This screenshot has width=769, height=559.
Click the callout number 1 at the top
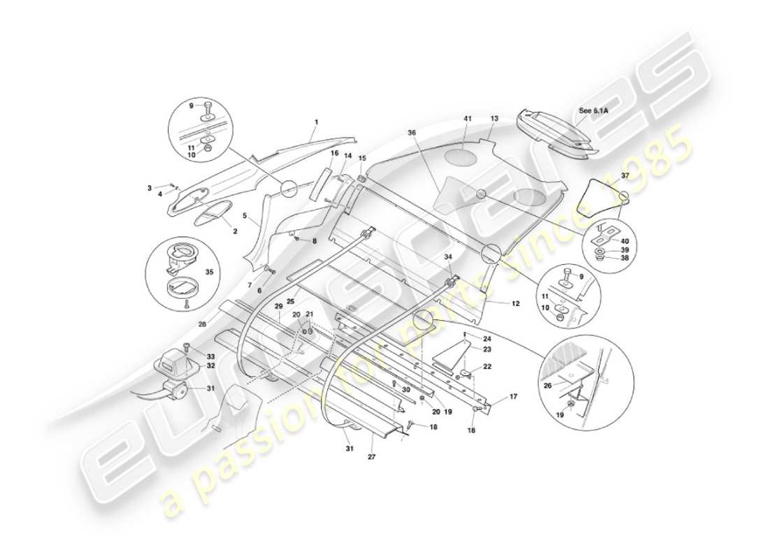coord(316,122)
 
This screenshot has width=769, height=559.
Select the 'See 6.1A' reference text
coord(594,111)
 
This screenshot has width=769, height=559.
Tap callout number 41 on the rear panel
coord(467,119)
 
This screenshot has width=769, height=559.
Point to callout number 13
coord(494,119)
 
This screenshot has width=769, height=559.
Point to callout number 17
coord(513,397)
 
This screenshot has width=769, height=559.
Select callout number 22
coord(487,366)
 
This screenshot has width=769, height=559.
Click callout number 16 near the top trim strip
coord(334,153)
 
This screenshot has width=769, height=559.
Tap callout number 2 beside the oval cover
coord(235,231)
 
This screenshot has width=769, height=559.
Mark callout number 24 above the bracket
coord(487,339)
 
